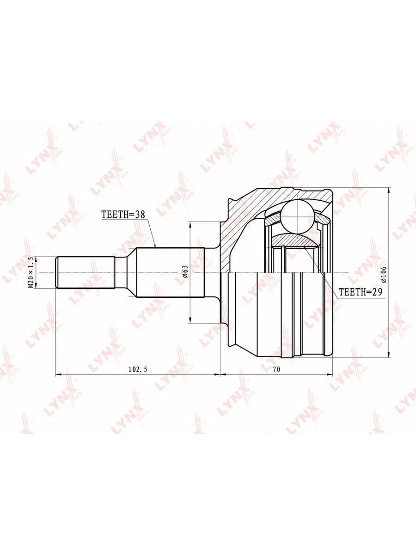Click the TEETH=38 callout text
click(x=123, y=215)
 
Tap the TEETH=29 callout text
click(x=360, y=292)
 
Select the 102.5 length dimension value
click(x=138, y=370)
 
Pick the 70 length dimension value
click(x=276, y=370)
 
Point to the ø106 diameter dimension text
click(x=384, y=274)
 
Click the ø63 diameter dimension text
click(x=185, y=271)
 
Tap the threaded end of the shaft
click(x=86, y=272)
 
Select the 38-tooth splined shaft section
click(x=170, y=272)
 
